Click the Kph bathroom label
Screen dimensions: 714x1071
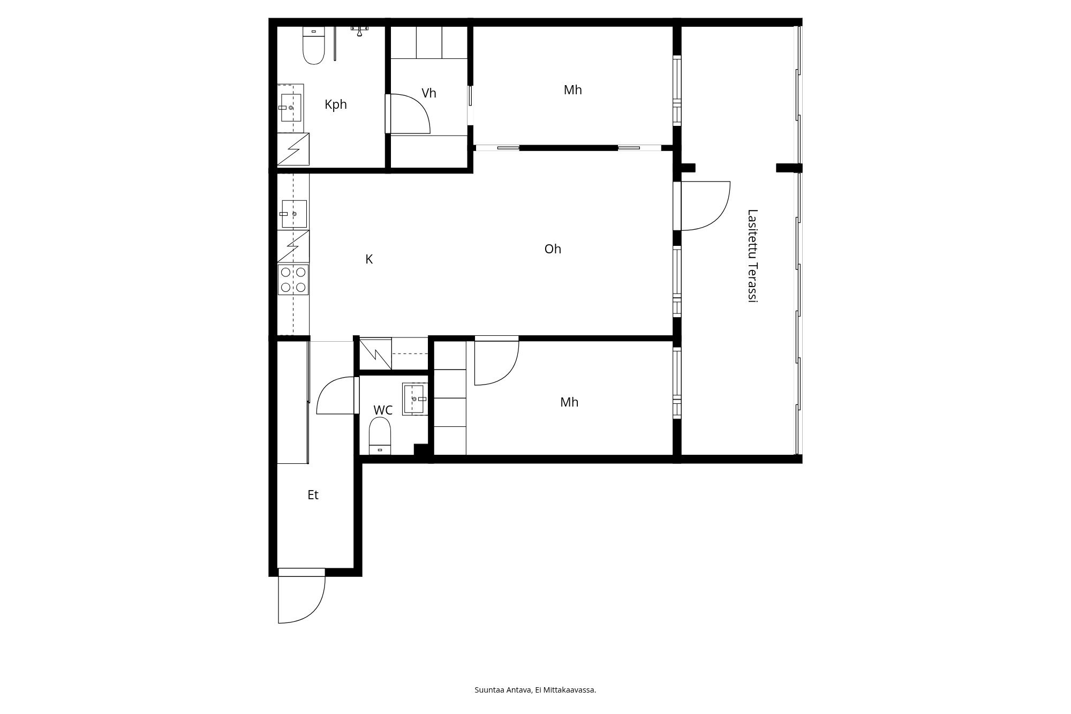tap(336, 104)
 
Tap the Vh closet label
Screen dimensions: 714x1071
tap(428, 93)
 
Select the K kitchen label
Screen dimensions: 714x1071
tap(368, 259)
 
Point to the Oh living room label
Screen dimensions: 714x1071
tap(552, 249)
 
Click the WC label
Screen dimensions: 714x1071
tap(382, 410)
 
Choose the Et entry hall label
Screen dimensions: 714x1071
tap(313, 495)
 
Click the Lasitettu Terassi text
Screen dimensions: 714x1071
tap(752, 256)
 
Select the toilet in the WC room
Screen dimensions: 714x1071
tap(380, 435)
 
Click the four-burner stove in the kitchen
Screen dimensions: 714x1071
tap(293, 280)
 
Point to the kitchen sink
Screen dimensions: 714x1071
tap(294, 214)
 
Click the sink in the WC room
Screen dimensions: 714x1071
tap(414, 399)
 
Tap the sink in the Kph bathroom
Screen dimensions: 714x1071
tap(291, 108)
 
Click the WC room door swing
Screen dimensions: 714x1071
tap(336, 396)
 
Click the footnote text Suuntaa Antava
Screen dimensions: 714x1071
tap(503, 690)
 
